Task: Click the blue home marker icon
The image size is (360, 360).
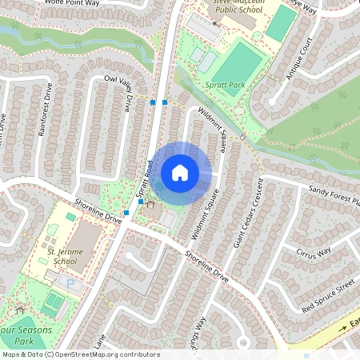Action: coord(180,173)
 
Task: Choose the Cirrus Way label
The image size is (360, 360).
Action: coord(313,253)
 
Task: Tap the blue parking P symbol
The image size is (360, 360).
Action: coord(70,284)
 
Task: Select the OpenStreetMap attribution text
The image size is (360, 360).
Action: coord(80,354)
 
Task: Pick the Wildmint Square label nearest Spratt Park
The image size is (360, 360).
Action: coord(211,126)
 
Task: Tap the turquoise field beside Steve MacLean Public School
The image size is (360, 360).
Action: coord(280,23)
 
